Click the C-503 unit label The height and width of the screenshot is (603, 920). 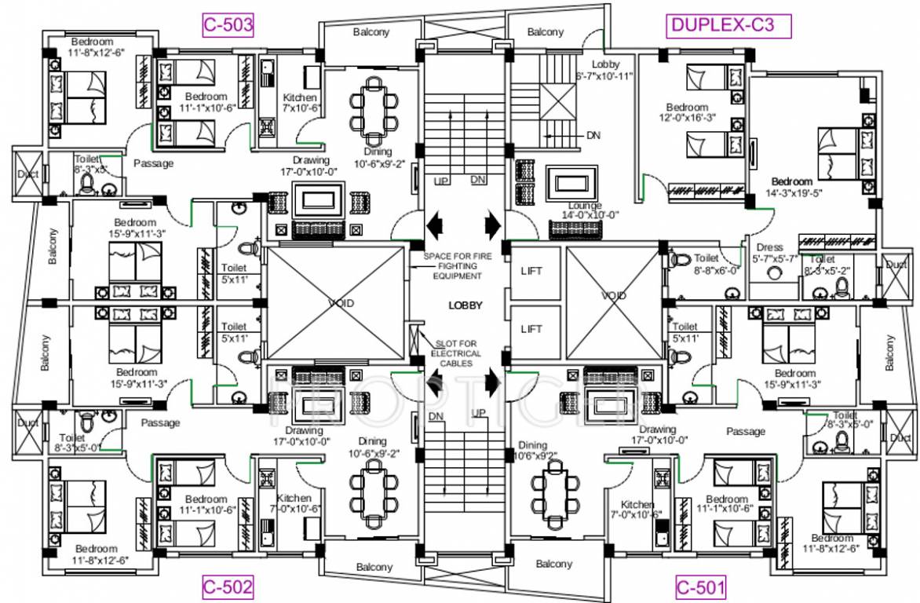228,25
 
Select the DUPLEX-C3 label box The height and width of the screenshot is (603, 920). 728,25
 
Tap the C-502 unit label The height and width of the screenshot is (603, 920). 228,586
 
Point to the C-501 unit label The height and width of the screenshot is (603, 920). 701,586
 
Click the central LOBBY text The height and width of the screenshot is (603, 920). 465,305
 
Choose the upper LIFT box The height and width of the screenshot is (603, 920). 531,272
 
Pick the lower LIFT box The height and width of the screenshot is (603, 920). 531,329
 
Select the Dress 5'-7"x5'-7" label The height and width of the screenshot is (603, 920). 776,253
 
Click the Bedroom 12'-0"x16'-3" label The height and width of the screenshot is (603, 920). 687,112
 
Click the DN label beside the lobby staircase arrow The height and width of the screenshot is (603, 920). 594,135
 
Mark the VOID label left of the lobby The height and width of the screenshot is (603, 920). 341,302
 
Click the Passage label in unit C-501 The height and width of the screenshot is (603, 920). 745,431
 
